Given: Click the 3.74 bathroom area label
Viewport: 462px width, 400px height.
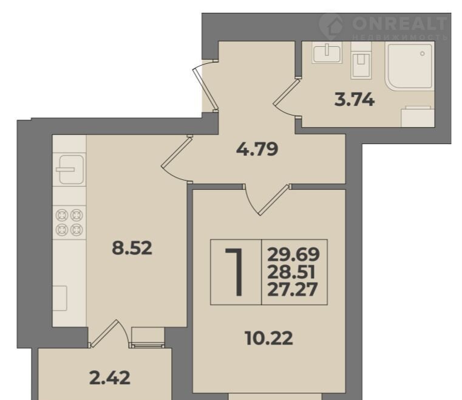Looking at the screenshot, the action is pos(355,100).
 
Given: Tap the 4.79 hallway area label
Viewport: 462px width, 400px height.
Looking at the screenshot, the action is pos(257,149).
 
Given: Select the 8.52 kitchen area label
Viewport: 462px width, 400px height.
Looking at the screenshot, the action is pos(132,248).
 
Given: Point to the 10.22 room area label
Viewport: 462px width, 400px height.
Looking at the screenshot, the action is pos(269,338).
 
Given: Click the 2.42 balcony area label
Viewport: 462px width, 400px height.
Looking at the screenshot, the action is pos(110,378).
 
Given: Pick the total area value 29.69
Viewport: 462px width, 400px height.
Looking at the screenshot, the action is pos(293,254).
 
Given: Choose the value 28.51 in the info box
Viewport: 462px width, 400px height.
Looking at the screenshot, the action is pos(291,272).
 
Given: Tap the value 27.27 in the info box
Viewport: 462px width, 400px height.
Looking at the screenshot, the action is pos(292,289).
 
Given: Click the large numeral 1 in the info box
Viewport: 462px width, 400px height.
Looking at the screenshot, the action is pos(235,272).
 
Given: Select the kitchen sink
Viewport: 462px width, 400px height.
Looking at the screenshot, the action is pos(70,170).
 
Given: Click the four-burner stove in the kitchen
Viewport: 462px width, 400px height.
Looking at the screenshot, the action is pos(70,222).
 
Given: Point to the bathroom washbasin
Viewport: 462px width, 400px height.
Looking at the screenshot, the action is pos(327,52).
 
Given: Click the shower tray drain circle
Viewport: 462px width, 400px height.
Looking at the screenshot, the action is pos(422,53).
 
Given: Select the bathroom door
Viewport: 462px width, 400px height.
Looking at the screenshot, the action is pos(287,98).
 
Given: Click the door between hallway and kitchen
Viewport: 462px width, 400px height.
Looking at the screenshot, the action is pos(176,159).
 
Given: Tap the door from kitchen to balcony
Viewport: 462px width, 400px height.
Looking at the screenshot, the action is pos(110,333).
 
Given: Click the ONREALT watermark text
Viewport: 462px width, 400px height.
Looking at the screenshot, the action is pos(399,23).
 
